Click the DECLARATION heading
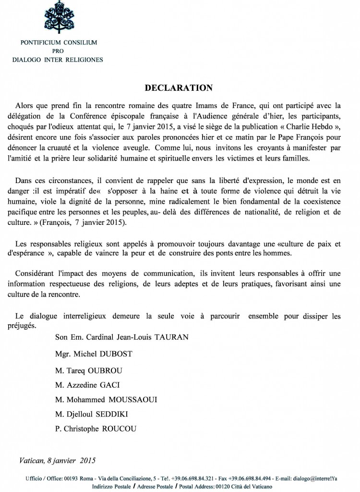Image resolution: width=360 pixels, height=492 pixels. pos(179,88)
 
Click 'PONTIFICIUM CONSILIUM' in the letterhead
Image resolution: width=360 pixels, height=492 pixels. pos(59,43)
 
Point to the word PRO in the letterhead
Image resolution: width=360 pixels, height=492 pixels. pos(58,51)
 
